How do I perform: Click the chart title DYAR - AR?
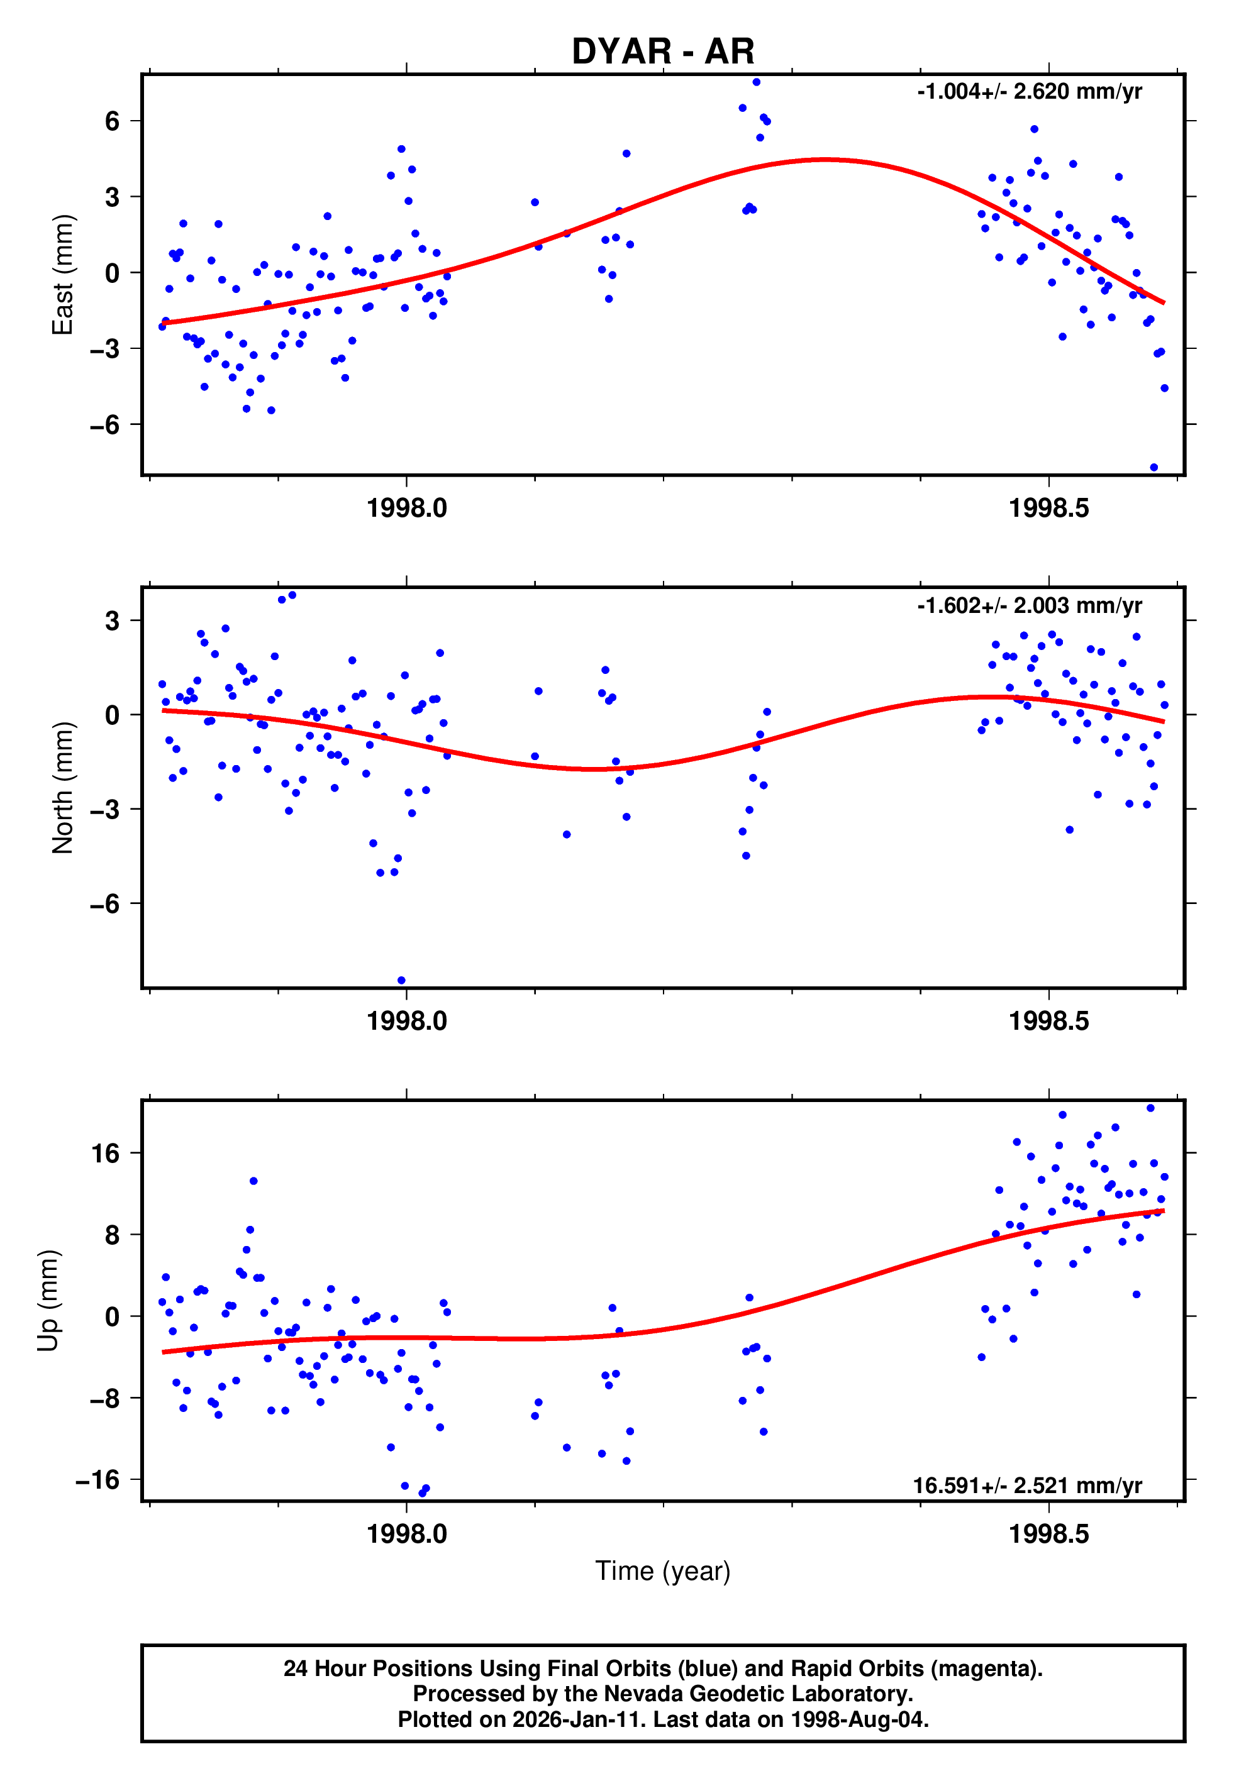coord(663,52)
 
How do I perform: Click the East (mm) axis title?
coord(62,274)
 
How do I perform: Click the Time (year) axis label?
coord(663,1571)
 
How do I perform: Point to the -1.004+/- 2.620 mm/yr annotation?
coord(1029,92)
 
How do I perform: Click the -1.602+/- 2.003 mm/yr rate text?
coord(1029,606)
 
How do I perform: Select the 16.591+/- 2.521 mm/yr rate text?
coord(1027,1485)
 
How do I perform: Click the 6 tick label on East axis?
coord(113,121)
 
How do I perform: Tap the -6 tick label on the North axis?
coord(105,904)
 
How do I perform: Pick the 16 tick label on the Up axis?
coord(105,1154)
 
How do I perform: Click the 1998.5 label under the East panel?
coord(1048,509)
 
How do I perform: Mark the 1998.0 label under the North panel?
coord(407,1022)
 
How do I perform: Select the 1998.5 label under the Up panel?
coord(1048,1534)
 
